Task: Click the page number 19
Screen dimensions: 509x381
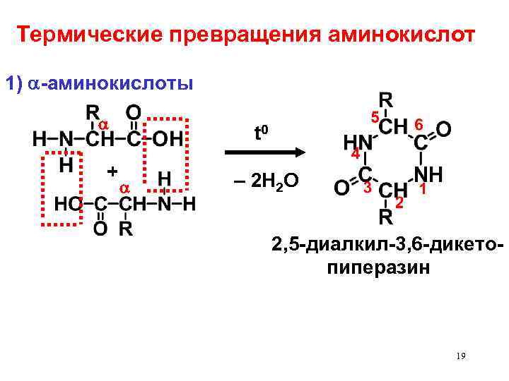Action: point(460,357)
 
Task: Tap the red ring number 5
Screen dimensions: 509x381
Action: point(375,116)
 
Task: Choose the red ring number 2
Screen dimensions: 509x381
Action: point(399,203)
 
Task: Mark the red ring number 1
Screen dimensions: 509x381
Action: point(422,189)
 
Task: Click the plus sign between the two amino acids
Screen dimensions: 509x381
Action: point(111,171)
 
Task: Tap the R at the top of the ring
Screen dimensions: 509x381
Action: point(387,99)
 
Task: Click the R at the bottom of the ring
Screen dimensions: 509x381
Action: point(386,217)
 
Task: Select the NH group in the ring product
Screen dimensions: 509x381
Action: point(429,174)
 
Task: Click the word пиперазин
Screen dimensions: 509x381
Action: point(378,269)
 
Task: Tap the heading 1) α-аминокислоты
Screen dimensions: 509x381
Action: point(99,84)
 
